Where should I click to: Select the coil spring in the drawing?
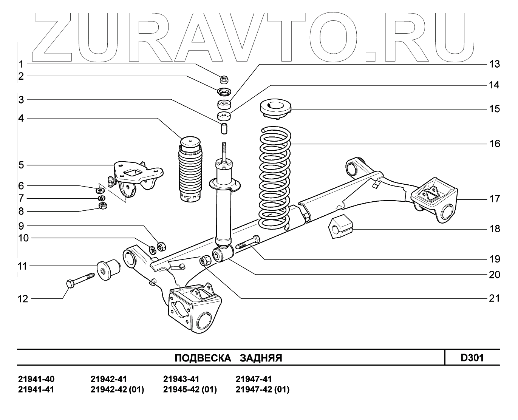tap(275, 178)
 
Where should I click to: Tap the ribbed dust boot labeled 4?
tap(190, 170)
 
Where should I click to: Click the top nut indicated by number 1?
tap(224, 79)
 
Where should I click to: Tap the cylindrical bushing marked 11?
tap(108, 269)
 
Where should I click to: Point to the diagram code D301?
tap(472, 357)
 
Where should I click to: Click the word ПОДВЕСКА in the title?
tap(203, 358)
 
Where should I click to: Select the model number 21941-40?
tap(36, 379)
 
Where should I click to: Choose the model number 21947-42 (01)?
tap(262, 389)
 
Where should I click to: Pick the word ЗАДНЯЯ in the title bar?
tap(261, 358)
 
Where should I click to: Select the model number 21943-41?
tap(181, 379)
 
